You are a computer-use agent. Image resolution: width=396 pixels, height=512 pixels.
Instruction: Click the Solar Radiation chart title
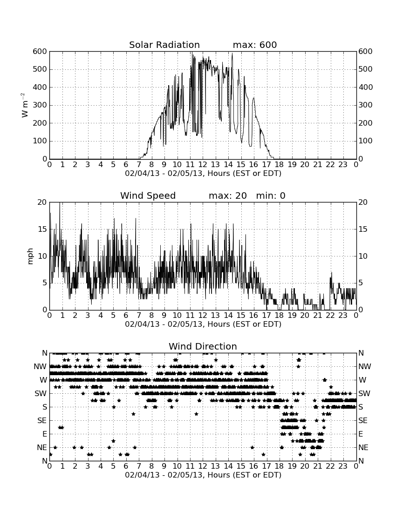[164, 45]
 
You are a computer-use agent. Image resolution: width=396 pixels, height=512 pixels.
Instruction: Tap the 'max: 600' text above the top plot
[255, 45]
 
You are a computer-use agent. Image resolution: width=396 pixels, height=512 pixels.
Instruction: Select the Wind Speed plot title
[148, 196]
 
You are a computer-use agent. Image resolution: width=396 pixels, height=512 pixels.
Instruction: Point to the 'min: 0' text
[271, 196]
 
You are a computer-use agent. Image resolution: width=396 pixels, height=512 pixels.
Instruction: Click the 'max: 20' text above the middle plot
[228, 196]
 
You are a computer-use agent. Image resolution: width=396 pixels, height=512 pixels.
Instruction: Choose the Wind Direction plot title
[203, 346]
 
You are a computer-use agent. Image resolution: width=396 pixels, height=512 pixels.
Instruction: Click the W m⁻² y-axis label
[24, 105]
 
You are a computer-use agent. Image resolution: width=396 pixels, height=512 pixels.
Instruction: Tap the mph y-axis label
[30, 256]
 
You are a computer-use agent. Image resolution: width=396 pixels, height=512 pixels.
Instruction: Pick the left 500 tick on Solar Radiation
[40, 69]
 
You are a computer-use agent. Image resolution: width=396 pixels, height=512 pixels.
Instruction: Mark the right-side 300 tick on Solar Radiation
[366, 105]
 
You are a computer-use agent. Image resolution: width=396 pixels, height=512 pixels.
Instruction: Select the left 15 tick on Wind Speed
[42, 229]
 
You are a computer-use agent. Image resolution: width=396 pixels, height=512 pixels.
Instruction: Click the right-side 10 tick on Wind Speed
[363, 256]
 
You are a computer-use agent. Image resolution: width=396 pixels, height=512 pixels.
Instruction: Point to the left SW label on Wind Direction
[41, 393]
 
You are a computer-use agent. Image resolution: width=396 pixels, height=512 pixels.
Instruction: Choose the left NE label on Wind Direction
[42, 448]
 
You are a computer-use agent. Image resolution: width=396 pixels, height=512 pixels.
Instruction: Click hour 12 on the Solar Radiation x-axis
[203, 165]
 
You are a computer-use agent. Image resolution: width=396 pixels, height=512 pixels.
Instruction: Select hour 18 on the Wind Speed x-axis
[280, 316]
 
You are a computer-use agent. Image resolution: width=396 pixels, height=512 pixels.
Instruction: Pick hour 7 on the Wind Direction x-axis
[139, 466]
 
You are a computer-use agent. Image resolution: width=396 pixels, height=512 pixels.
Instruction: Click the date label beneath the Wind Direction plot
[203, 475]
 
